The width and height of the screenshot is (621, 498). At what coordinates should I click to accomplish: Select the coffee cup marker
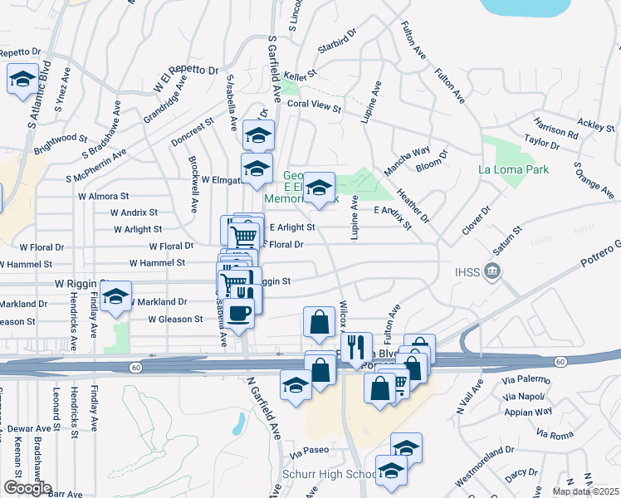click(239, 313)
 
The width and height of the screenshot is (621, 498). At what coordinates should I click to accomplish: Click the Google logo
click(27, 488)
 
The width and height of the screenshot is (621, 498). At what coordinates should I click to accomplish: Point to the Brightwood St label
click(61, 138)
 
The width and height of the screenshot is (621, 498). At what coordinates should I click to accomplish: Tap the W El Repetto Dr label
click(185, 77)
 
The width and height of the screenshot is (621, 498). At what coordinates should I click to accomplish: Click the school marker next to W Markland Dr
click(116, 295)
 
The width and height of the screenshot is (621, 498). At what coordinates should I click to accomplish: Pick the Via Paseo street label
click(310, 451)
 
